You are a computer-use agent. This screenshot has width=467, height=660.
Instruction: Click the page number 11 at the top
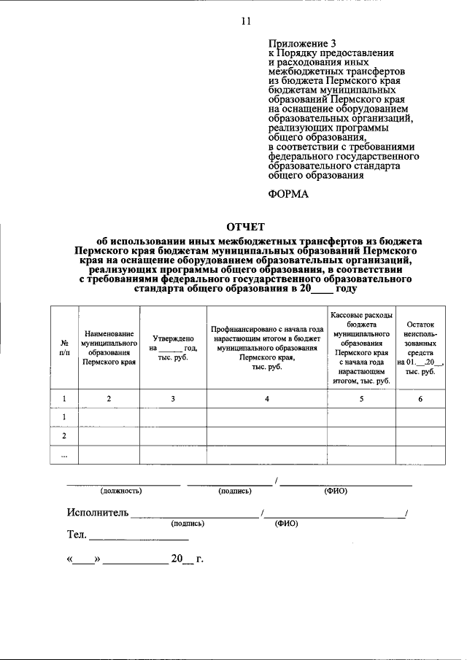pyautogui.click(x=246, y=21)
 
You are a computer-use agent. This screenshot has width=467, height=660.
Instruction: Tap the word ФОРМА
pyautogui.click(x=290, y=193)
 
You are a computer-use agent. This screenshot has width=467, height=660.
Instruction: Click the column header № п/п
pyautogui.click(x=63, y=346)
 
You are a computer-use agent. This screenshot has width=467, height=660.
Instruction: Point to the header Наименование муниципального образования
pyautogui.click(x=109, y=346)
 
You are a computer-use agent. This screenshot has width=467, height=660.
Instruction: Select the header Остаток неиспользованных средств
pyautogui.click(x=420, y=346)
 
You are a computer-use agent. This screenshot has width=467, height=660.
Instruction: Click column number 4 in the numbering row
pyautogui.click(x=267, y=398)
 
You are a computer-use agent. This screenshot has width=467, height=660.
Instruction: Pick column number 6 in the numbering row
pyautogui.click(x=420, y=398)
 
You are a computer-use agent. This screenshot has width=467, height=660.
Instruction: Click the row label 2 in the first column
pyautogui.click(x=63, y=435)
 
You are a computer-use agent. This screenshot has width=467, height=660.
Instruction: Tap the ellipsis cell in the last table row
pyautogui.click(x=63, y=454)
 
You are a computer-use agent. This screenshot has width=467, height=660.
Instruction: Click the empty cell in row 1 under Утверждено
pyautogui.click(x=173, y=417)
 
